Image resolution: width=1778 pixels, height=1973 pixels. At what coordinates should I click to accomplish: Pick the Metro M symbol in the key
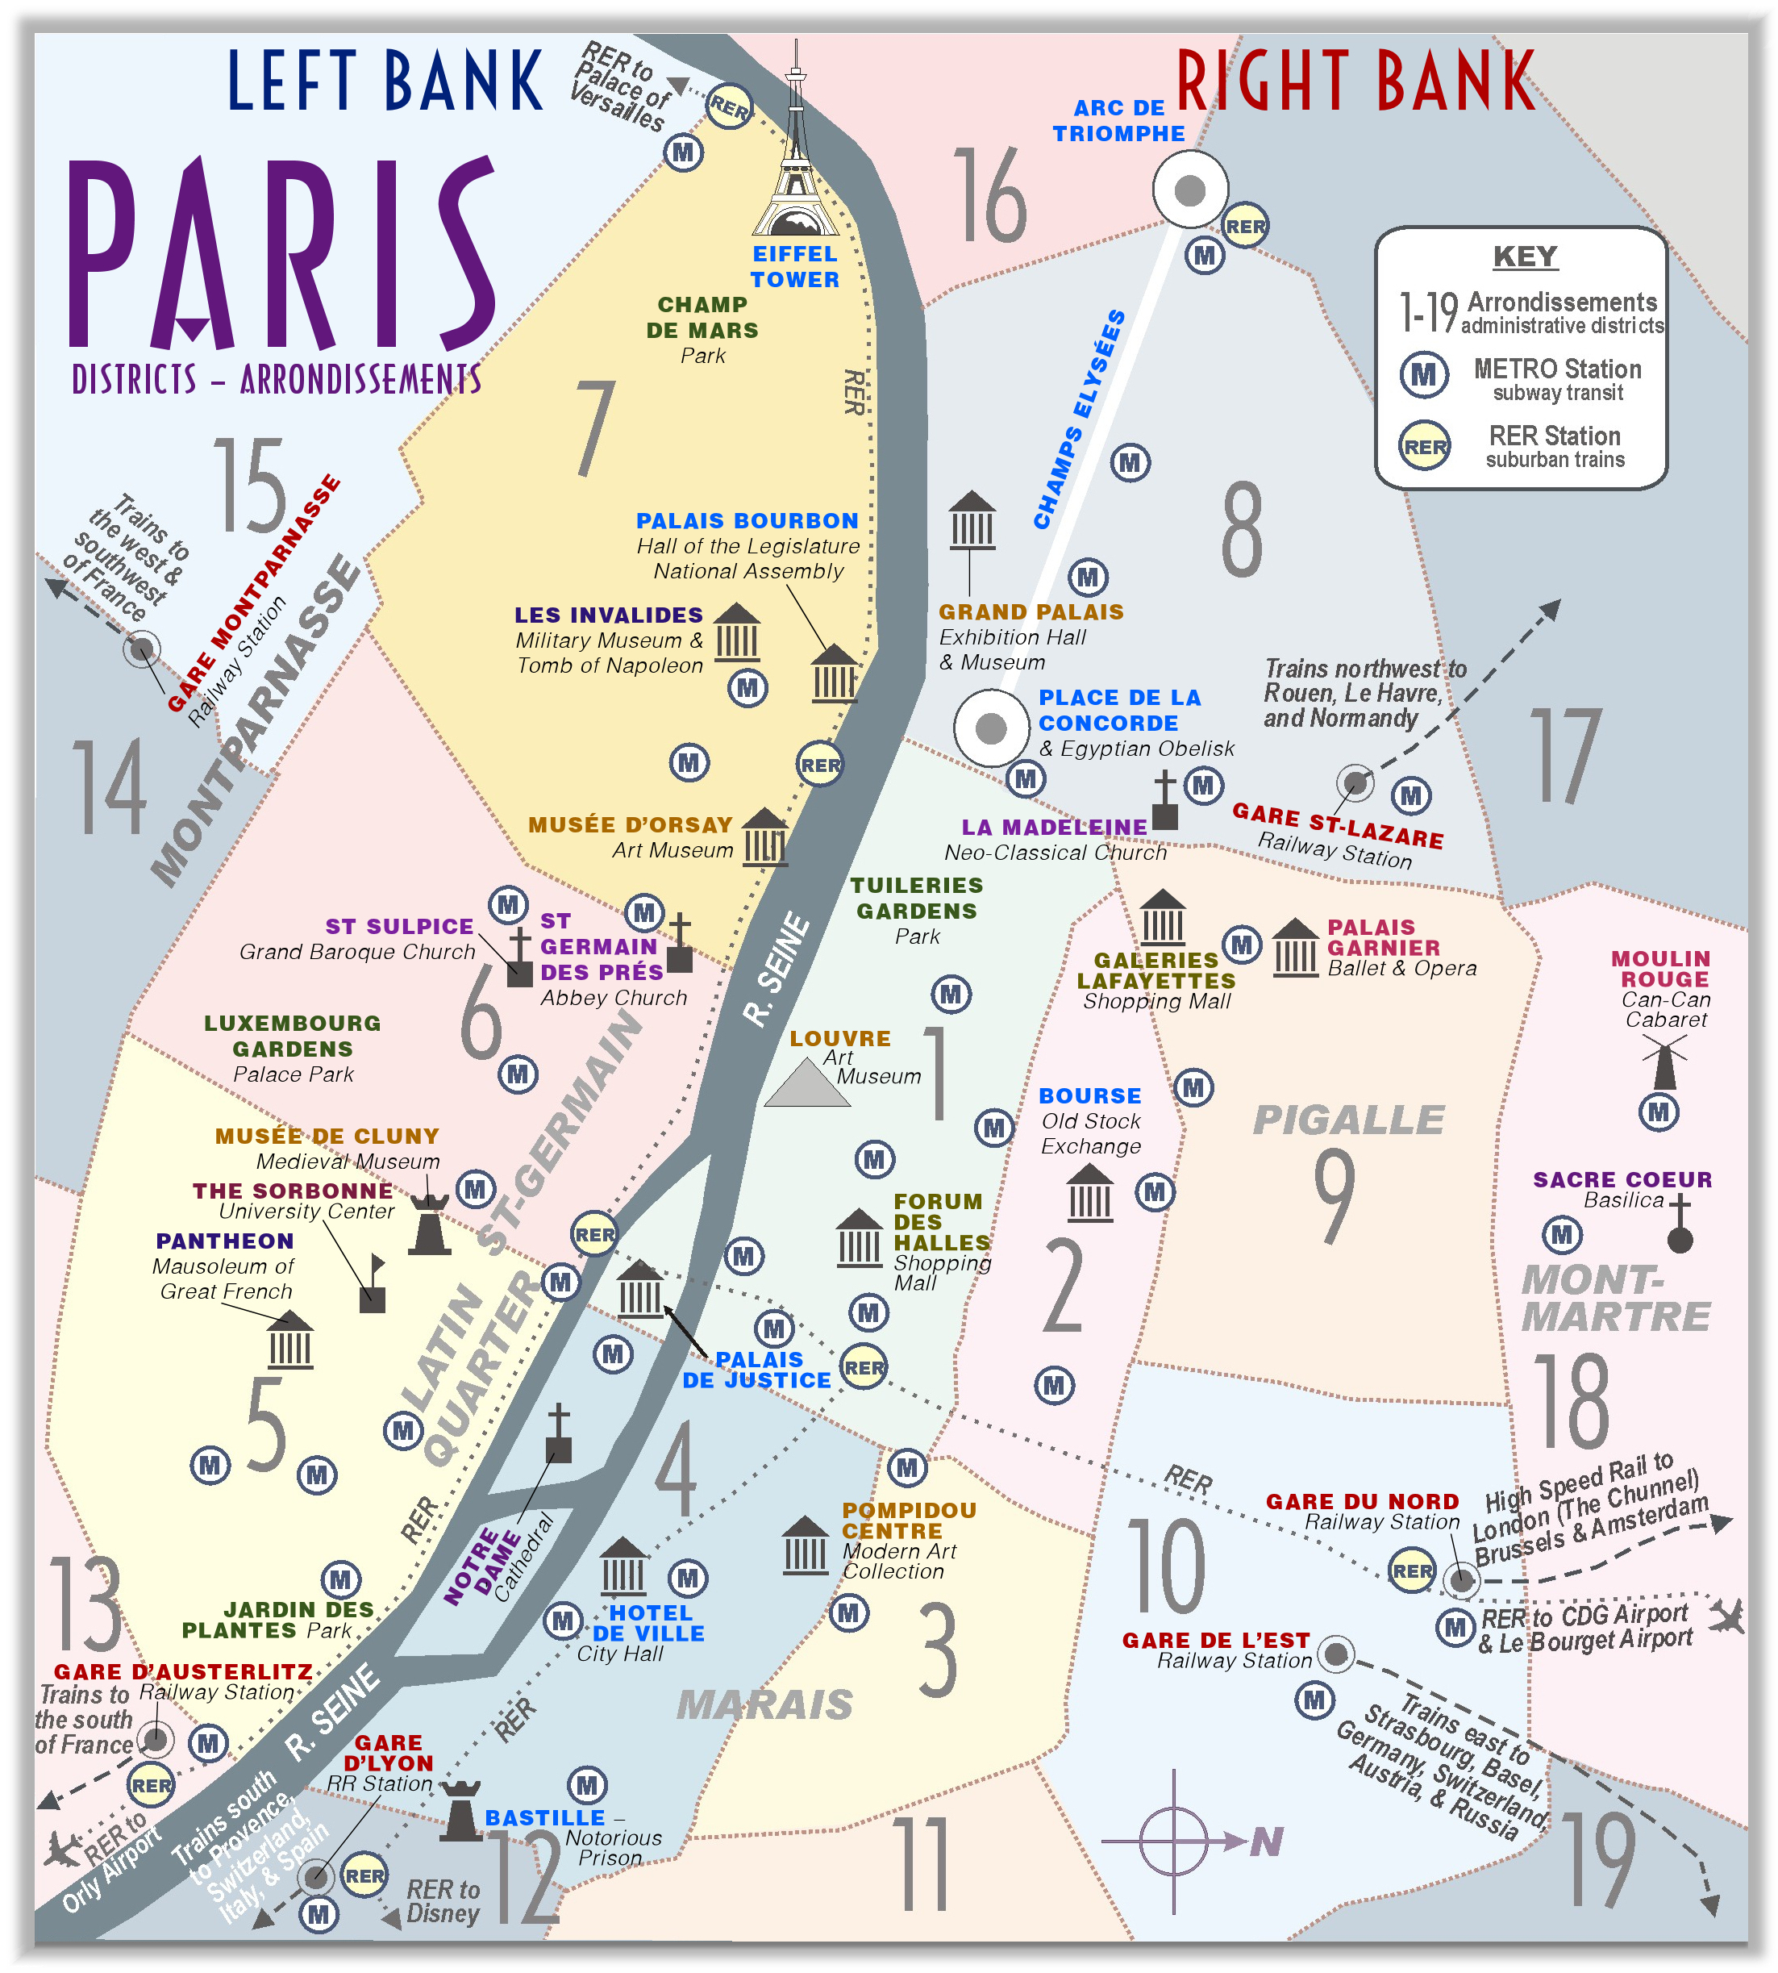point(1423,374)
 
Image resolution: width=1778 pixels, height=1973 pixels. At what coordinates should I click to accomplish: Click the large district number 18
point(1571,1402)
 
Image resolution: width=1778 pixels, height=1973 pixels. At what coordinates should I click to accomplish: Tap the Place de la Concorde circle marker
point(990,728)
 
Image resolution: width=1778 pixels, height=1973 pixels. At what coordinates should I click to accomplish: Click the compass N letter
point(1266,1842)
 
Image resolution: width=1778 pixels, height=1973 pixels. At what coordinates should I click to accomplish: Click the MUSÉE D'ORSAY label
point(630,824)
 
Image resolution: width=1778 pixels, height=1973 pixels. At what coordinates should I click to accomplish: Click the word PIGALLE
point(1348,1120)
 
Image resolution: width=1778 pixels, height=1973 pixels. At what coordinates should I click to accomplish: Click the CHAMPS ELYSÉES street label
point(1079,420)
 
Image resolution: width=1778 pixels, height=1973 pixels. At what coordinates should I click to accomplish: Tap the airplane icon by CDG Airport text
point(1726,1616)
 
